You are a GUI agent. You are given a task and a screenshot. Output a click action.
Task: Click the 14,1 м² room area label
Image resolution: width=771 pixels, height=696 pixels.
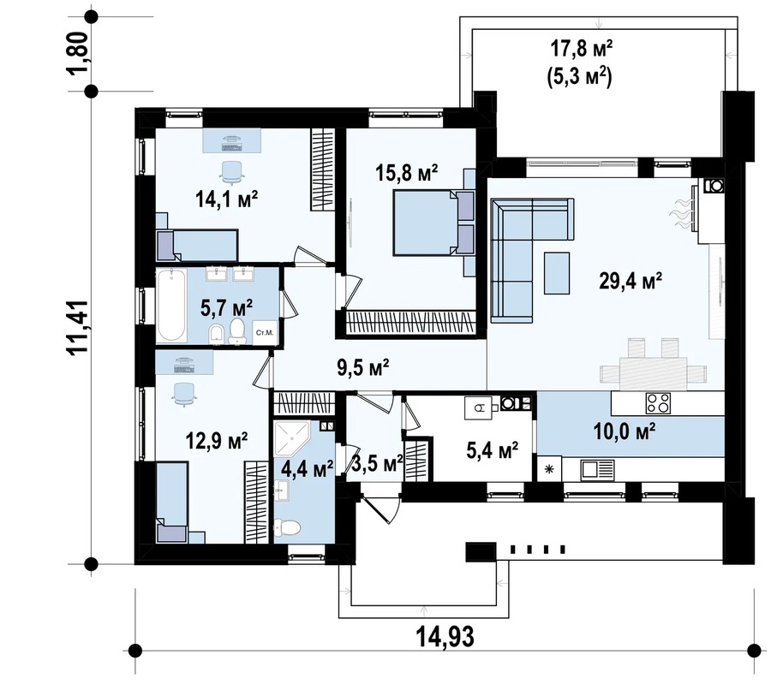pyautogui.click(x=227, y=199)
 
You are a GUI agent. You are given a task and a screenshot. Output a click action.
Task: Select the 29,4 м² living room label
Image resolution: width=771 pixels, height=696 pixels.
pyautogui.click(x=631, y=281)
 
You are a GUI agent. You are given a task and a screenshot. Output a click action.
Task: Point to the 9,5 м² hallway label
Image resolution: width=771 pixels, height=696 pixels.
pyautogui.click(x=363, y=366)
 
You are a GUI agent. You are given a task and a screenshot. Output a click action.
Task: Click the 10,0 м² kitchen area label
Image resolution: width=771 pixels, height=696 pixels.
pyautogui.click(x=625, y=432)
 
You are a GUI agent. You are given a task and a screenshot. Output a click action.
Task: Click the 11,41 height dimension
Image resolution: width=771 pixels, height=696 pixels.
pyautogui.click(x=79, y=326)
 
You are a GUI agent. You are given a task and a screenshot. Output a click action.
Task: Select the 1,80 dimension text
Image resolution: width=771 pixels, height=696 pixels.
pyautogui.click(x=79, y=54)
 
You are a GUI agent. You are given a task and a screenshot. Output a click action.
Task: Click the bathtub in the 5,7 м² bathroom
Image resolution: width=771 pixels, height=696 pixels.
pyautogui.click(x=171, y=306)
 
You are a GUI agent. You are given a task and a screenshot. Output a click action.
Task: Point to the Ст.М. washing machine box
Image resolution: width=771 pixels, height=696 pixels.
pyautogui.click(x=265, y=333)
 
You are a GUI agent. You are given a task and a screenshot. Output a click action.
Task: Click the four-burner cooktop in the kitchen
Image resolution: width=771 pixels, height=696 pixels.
pyautogui.click(x=658, y=403)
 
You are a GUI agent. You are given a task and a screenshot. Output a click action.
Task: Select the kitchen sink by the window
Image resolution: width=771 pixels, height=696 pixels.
pyautogui.click(x=597, y=469)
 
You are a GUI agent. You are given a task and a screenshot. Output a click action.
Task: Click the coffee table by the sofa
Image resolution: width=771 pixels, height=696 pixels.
pyautogui.click(x=557, y=273)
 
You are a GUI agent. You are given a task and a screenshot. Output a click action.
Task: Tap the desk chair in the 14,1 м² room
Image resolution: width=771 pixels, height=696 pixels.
pyautogui.click(x=231, y=171)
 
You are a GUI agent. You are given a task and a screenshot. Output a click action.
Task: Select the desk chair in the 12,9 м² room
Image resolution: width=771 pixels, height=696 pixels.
pyautogui.click(x=184, y=394)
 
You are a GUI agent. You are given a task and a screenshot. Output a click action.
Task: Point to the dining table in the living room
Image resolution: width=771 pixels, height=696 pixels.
pyautogui.click(x=653, y=373)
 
